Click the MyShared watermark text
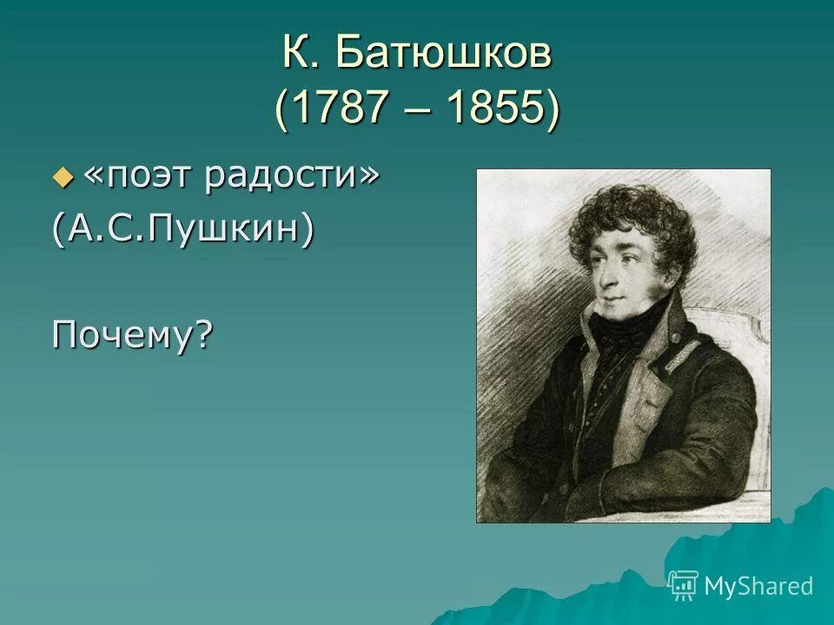coord(758,586)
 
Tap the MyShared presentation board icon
coord(684,585)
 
